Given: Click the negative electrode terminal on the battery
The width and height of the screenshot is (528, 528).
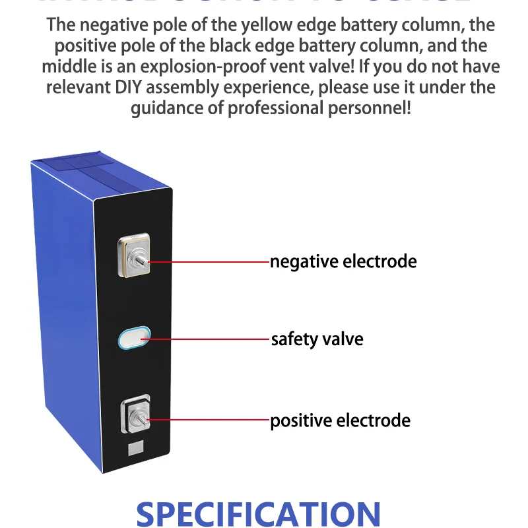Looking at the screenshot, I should (135, 258).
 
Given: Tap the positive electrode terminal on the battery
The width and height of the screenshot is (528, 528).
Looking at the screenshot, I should (135, 415).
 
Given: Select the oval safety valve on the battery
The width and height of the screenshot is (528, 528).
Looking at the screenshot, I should (134, 339).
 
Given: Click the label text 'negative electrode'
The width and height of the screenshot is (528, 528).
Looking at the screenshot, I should (343, 261).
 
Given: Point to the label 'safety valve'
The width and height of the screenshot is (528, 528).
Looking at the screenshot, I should (317, 339).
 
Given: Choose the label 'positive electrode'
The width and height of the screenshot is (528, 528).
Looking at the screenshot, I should (340, 420).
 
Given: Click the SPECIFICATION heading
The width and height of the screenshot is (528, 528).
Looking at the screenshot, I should (258, 514).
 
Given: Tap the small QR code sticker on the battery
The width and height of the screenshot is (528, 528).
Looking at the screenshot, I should (134, 449).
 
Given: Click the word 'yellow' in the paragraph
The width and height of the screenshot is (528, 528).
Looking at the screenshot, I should (282, 26).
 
